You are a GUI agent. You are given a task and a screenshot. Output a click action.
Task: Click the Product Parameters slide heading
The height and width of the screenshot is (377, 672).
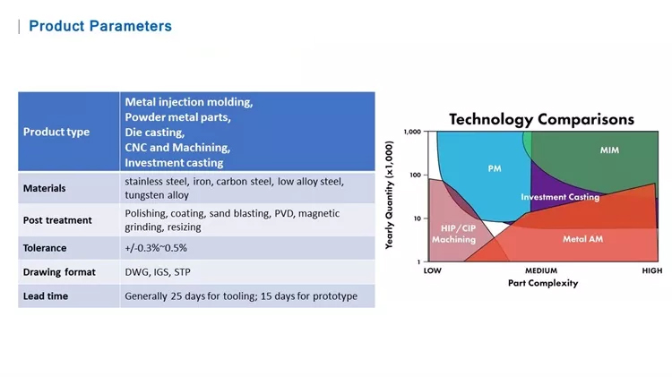pyautogui.click(x=99, y=26)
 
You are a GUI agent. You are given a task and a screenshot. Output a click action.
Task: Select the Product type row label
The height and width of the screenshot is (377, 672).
pyautogui.click(x=56, y=132)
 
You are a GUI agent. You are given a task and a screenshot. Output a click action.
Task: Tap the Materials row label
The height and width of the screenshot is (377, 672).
pyautogui.click(x=44, y=188)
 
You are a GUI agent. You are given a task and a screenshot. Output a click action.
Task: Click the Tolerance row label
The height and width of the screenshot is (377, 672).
pyautogui.click(x=45, y=247)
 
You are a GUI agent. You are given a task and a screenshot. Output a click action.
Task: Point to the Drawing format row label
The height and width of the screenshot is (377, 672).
pyautogui.click(x=59, y=271)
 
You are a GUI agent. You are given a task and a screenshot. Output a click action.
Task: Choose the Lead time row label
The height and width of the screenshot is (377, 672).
pyautogui.click(x=46, y=296)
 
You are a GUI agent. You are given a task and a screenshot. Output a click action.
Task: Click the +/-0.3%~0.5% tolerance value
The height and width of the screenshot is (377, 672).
pyautogui.click(x=156, y=247)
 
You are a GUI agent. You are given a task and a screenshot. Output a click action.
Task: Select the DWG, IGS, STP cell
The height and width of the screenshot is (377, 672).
pyautogui.click(x=158, y=271)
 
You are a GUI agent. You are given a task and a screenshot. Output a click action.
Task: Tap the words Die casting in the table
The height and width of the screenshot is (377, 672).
pyautogui.click(x=154, y=132)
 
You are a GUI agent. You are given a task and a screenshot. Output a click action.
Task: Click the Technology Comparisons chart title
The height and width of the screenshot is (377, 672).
pyautogui.click(x=541, y=119)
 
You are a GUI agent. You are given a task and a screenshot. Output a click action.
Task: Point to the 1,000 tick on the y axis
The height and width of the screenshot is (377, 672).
pyautogui.click(x=412, y=133)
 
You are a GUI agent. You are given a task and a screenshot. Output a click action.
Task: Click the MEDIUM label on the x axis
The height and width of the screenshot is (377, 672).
pyautogui.click(x=540, y=270)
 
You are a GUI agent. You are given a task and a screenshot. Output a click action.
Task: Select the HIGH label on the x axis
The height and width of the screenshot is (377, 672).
pyautogui.click(x=651, y=270)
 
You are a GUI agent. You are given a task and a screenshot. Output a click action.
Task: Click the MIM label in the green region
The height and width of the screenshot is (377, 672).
pyautogui.click(x=609, y=150)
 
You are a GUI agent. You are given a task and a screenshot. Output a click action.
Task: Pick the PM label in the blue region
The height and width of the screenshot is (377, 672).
pyautogui.click(x=495, y=168)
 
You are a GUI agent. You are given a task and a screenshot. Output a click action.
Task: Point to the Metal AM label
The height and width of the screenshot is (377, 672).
pyautogui.click(x=582, y=239)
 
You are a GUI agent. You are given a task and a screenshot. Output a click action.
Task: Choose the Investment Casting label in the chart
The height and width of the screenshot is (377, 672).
pyautogui.click(x=560, y=197)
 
